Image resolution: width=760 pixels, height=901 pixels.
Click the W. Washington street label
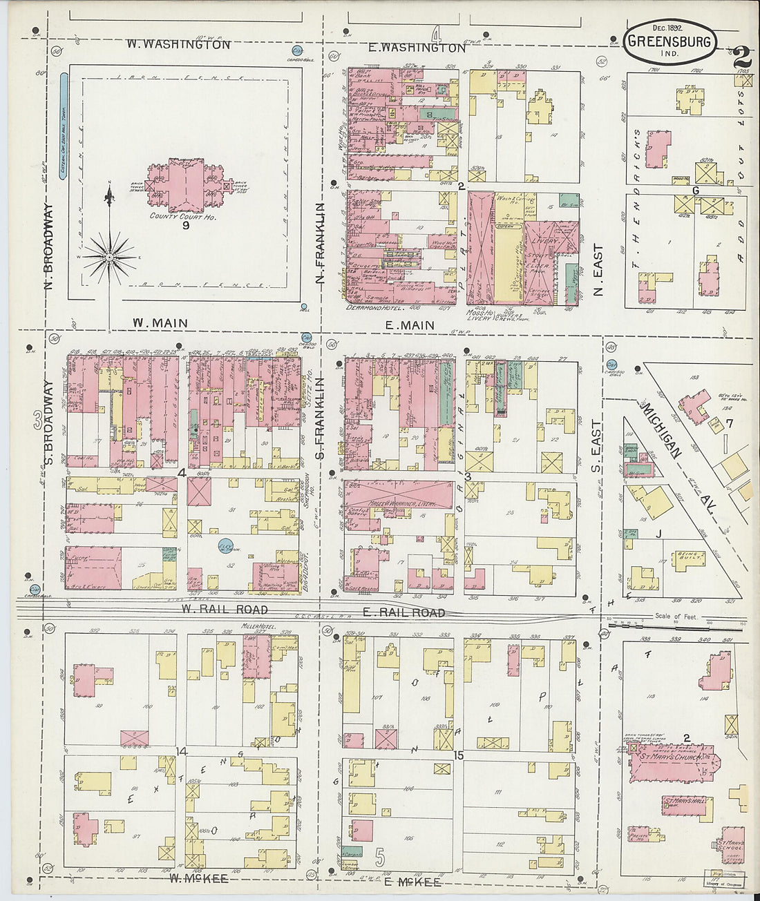tap(178, 44)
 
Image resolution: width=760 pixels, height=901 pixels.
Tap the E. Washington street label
tap(417, 48)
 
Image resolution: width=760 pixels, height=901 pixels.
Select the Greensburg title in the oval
tap(669, 41)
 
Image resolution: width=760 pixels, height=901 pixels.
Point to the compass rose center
tap(109, 256)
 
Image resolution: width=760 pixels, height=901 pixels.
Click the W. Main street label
tap(160, 322)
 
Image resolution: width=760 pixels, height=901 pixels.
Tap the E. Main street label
tap(410, 325)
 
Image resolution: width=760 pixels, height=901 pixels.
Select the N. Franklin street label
tap(320, 243)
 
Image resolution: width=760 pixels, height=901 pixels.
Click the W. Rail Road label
tap(225, 610)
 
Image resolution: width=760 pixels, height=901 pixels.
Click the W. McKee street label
tap(199, 878)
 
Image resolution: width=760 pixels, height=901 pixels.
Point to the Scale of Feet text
tap(677, 617)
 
